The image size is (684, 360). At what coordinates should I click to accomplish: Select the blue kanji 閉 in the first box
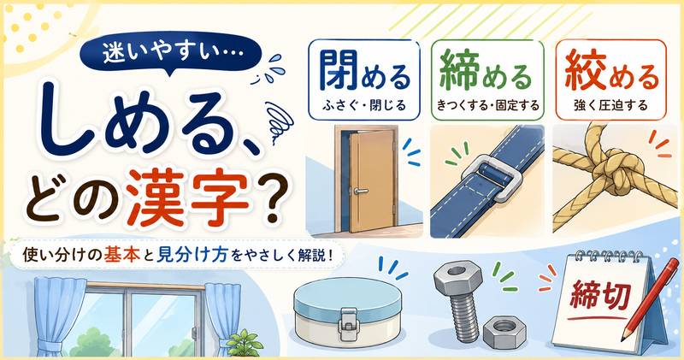click(338, 71)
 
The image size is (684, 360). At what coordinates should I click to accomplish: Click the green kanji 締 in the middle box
click(460, 71)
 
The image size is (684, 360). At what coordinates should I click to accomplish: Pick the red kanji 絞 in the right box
click(585, 71)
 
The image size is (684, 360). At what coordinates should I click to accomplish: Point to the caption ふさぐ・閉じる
click(364, 105)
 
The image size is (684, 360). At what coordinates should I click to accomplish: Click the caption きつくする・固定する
click(487, 105)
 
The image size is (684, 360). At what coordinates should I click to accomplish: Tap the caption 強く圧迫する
click(610, 105)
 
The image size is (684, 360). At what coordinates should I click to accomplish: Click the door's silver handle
click(361, 191)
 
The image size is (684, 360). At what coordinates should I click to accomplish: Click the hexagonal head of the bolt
click(455, 277)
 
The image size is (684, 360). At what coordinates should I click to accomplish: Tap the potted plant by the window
click(245, 343)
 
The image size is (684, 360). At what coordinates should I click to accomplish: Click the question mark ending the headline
click(273, 199)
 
